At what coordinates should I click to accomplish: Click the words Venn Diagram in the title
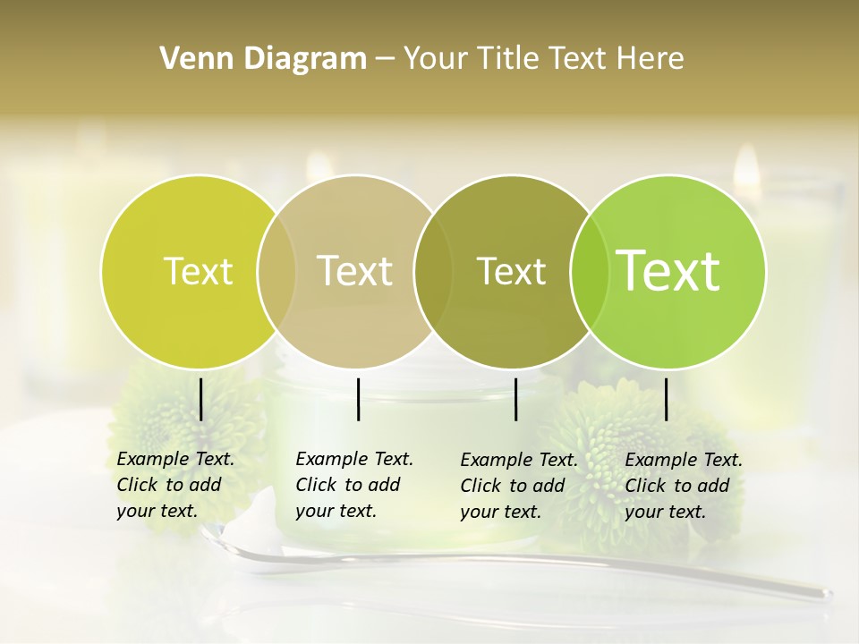263,59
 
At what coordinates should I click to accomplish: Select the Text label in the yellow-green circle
198,271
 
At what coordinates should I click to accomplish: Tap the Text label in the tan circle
355,271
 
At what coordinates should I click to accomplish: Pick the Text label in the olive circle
511,271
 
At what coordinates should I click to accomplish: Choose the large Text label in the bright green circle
668,270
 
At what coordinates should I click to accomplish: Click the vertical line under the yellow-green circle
201,399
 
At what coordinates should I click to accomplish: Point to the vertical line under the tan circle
359,399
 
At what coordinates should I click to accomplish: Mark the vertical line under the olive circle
516,399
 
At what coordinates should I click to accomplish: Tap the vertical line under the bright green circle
667,399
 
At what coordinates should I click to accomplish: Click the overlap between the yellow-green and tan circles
276,271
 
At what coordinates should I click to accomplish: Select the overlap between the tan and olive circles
433,271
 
